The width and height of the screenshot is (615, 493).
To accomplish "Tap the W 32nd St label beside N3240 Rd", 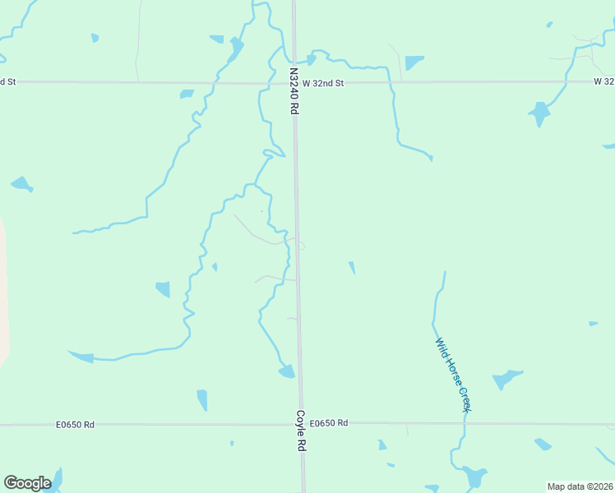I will pos(322,83).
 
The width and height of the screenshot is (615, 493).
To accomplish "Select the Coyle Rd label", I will pos(301,431).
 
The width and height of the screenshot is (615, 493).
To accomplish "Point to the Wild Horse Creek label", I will pos(453,376).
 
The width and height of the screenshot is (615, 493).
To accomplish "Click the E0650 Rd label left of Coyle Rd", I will pos(76,425).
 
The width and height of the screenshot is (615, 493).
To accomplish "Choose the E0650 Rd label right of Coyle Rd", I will pos(330,423).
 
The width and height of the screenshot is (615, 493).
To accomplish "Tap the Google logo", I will pos(27,483).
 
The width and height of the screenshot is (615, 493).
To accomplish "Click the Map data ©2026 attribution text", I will pos(580,486).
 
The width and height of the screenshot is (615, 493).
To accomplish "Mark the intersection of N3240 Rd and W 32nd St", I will pos(294,82).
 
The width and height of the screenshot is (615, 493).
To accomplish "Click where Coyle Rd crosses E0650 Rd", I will pos(301,424).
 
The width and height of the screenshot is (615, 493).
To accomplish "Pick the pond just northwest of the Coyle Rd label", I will pos(287,372).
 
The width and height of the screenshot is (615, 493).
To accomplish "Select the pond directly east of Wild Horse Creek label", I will pos(506,380).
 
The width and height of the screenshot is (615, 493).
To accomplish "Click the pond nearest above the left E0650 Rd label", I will pos(202,400).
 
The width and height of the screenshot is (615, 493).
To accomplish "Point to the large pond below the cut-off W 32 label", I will pos(539,113).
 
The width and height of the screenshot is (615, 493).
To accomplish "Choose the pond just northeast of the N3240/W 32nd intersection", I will pos(311,59).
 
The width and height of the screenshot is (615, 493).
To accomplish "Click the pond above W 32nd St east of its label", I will pos(414,62).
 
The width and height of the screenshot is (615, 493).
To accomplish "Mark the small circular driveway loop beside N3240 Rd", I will pos(301,246).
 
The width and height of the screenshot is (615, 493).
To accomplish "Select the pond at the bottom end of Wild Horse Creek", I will pos(474,477).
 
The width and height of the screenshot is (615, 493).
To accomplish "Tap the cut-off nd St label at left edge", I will pos(8,81).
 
